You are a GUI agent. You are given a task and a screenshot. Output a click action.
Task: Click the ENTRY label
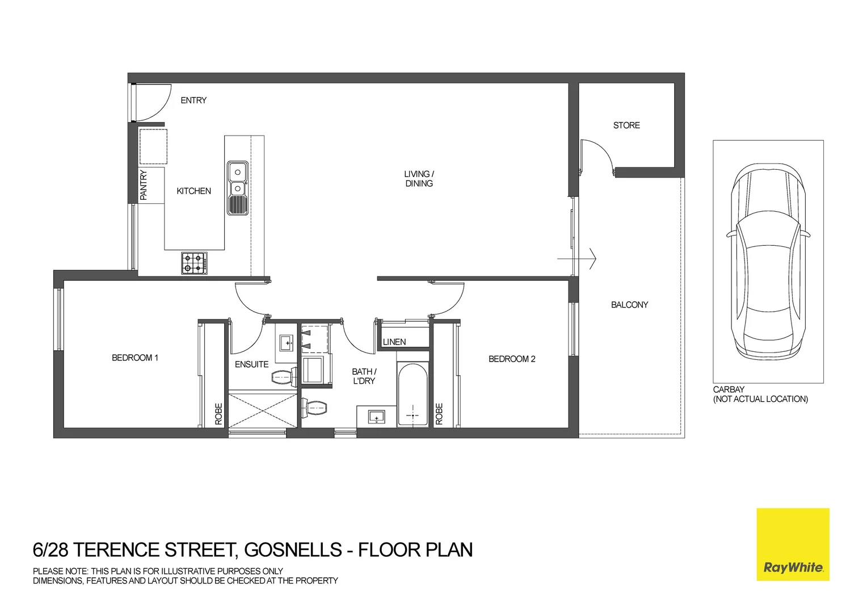pos(193,100)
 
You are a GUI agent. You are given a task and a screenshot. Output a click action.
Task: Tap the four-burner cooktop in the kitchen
pos(194,263)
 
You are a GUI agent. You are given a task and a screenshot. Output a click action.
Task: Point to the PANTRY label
pos(144,185)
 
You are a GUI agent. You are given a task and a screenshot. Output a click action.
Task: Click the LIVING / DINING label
pos(419,179)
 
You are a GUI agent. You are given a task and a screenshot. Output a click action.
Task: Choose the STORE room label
pos(626,125)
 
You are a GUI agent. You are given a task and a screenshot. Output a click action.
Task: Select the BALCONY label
pos(629,305)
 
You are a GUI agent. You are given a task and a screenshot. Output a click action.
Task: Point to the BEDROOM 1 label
pos(135,358)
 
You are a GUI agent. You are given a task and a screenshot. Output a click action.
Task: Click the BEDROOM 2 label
pos(512,359)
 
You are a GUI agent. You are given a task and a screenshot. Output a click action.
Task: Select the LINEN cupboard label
pos(394,342)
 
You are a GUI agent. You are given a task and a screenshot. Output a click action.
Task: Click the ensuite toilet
pos(284,377)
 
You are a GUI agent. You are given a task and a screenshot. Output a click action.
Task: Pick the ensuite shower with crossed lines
pos(262,409)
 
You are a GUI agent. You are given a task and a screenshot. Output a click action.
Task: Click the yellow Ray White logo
pos(793,544)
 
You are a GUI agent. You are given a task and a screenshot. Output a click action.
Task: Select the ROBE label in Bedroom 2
pos(439,414)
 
